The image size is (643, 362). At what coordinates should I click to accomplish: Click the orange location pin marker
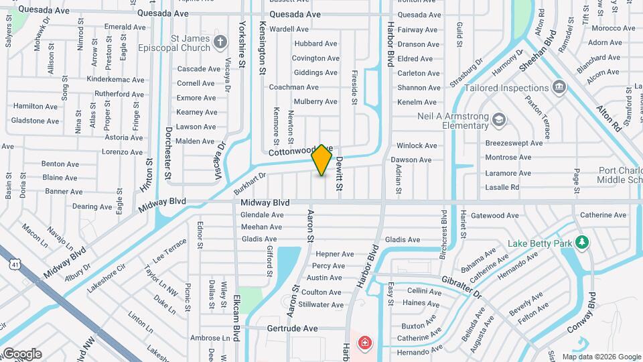[322, 160]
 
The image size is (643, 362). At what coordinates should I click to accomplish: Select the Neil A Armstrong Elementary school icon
[498, 120]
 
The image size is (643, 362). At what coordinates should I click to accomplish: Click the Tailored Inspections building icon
[559, 87]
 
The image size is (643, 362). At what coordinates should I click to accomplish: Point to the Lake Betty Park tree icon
[582, 242]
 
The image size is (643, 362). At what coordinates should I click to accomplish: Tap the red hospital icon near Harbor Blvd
[364, 344]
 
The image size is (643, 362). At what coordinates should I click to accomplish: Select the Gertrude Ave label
[292, 329]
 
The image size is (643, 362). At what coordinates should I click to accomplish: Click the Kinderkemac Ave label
[116, 78]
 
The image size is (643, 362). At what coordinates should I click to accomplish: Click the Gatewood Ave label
[494, 216]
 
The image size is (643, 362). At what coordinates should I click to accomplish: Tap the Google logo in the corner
[21, 353]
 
